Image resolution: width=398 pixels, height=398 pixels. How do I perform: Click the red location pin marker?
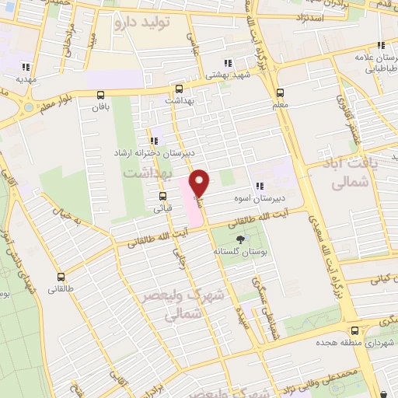200,183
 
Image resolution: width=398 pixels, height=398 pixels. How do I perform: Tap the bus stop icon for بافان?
100,96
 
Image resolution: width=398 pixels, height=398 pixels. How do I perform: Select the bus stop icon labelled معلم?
280,91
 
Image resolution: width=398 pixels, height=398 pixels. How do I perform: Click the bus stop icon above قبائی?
162,196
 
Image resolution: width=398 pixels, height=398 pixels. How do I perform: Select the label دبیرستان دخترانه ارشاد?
152,153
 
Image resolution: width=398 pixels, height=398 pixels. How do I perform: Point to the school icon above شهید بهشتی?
227,63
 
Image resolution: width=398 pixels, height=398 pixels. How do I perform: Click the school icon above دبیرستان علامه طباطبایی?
381,47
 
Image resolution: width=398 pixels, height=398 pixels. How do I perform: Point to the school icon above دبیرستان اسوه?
260,186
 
